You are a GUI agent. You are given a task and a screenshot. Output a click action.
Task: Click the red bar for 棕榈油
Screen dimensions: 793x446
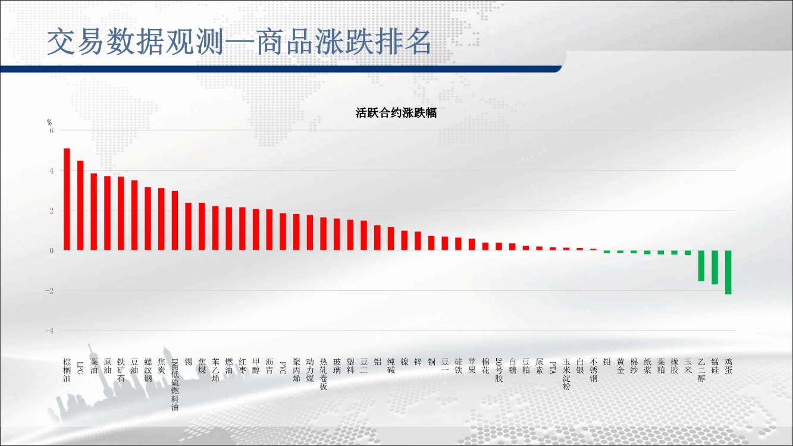click(x=67, y=199)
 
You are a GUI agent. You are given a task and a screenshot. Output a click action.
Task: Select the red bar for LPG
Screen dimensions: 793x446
click(x=80, y=206)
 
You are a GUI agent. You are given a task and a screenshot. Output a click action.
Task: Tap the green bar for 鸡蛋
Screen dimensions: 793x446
click(x=728, y=272)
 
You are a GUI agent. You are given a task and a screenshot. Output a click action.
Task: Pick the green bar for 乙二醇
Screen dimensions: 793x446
click(x=701, y=266)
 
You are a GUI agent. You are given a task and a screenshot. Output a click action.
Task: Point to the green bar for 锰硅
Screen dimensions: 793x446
click(x=714, y=268)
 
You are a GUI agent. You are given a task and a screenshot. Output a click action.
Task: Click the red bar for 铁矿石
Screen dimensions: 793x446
click(x=121, y=213)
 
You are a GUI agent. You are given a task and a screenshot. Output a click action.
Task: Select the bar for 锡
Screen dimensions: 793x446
click(x=189, y=227)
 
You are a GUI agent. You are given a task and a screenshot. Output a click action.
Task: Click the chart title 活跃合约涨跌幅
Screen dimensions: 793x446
click(x=396, y=113)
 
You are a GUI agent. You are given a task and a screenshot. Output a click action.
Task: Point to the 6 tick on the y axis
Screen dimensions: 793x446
click(x=52, y=131)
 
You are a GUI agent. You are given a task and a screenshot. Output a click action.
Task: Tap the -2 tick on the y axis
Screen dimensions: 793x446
click(x=49, y=291)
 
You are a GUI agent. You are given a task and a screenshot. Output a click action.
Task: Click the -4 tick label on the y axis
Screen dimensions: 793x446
click(x=49, y=331)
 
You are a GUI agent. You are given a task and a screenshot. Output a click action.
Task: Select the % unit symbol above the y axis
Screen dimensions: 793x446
click(x=49, y=122)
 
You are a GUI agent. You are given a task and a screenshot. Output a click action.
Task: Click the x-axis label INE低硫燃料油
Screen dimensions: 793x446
click(x=175, y=384)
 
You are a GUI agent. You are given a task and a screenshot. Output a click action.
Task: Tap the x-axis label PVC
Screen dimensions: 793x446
click(x=283, y=368)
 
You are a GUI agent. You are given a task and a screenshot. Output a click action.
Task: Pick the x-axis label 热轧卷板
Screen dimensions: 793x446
click(x=323, y=374)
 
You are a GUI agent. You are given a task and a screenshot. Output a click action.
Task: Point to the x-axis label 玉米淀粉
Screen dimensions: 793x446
click(x=566, y=374)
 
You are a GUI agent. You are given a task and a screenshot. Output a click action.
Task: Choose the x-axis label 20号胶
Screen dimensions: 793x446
click(x=499, y=370)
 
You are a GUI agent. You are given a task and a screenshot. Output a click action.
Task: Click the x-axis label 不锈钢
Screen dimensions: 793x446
click(x=593, y=370)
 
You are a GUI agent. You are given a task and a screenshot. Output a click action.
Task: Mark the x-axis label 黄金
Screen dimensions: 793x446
click(x=620, y=366)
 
